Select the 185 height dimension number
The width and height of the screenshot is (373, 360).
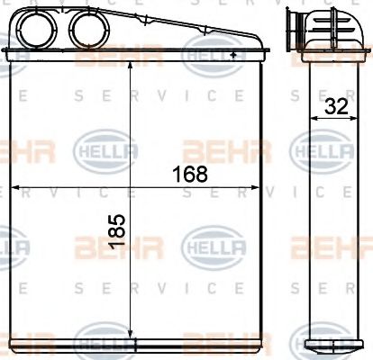click(116, 236)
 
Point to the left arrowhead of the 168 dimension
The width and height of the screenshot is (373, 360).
click(12, 188)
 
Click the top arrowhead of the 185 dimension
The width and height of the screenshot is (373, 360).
click(132, 71)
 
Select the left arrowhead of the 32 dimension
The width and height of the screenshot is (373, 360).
click(313, 117)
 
